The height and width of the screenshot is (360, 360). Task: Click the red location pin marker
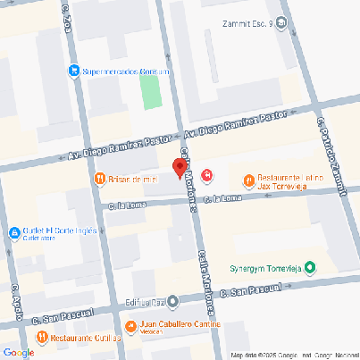pyautogui.click(x=179, y=167)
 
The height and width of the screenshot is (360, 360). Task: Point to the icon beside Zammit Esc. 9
pyautogui.click(x=282, y=24)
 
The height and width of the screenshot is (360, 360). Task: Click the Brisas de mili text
pyautogui.click(x=131, y=180)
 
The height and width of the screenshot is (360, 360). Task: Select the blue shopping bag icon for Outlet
pyautogui.click(x=14, y=234)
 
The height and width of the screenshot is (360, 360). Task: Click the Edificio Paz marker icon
pyautogui.click(x=173, y=301)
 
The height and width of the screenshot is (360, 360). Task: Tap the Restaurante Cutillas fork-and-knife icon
pyautogui.click(x=41, y=337)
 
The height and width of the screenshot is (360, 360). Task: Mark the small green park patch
pyautogui.click(x=149, y=89)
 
